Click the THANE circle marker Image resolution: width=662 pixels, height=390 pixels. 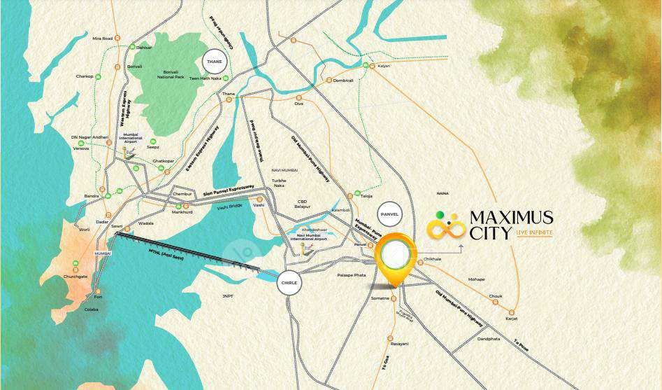215,62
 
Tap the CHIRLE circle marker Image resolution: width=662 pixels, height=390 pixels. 289,283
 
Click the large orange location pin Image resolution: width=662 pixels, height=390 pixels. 396,255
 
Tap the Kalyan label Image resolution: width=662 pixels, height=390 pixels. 383,66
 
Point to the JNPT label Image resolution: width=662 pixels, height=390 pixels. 228,296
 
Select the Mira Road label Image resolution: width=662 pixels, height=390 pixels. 102,39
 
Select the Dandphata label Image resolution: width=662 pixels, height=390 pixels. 489,339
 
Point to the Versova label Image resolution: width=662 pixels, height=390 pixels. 81,148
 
